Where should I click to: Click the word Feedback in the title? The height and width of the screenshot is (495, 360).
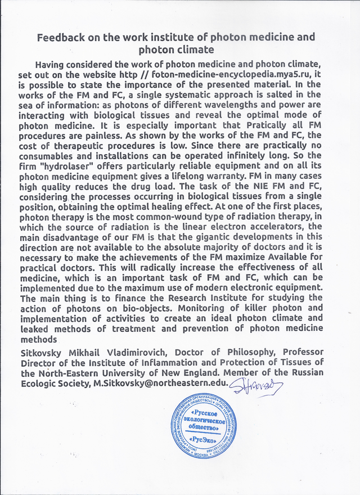coord(60,38)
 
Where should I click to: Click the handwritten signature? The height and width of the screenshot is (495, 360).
coord(258,386)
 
